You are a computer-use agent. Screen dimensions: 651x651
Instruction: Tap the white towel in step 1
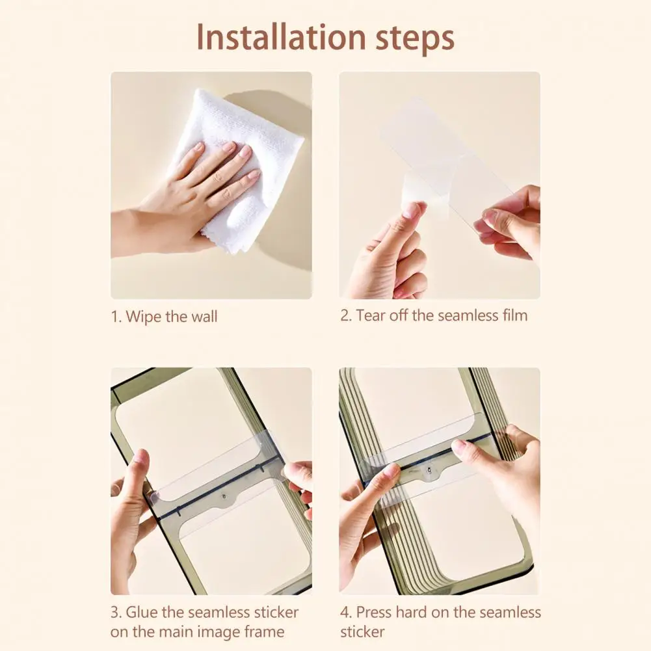point(241,166)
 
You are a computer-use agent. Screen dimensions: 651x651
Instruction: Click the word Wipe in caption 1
point(144,317)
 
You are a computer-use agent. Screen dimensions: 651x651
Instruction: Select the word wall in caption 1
point(204,316)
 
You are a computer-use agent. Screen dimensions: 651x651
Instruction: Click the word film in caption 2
point(515,315)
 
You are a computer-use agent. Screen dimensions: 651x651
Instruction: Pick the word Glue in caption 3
point(142,612)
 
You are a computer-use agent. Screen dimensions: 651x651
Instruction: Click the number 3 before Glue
point(115,613)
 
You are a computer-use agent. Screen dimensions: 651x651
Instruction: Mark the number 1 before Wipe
point(115,317)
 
